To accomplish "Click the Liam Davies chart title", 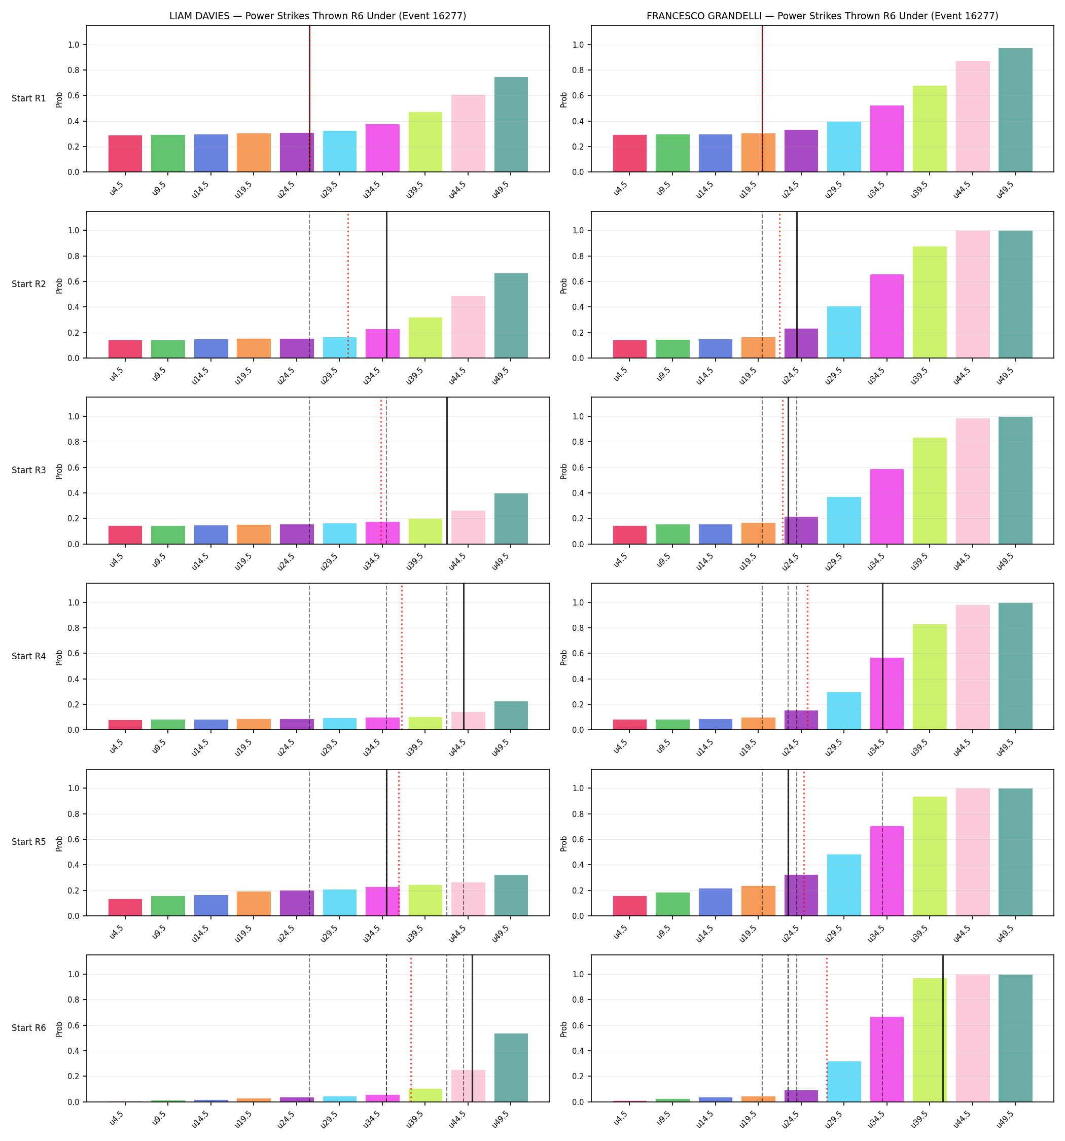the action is pyautogui.click(x=317, y=16).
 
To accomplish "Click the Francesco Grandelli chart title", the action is pyautogui.click(x=822, y=16).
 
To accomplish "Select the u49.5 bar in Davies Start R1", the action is pyautogui.click(x=511, y=125).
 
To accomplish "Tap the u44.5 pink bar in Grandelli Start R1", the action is pyautogui.click(x=973, y=117).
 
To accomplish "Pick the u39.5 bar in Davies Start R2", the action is pyautogui.click(x=425, y=337).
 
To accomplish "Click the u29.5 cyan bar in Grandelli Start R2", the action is pyautogui.click(x=844, y=332).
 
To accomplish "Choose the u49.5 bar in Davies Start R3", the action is pyautogui.click(x=511, y=519).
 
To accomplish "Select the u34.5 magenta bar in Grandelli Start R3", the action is pyautogui.click(x=886, y=507).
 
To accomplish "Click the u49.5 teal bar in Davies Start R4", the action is pyautogui.click(x=511, y=716).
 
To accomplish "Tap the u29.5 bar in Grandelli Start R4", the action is pyautogui.click(x=844, y=711).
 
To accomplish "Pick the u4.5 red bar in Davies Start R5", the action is pyautogui.click(x=125, y=907).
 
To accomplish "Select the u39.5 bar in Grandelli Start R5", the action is pyautogui.click(x=930, y=857).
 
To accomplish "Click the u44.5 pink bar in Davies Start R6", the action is pyautogui.click(x=469, y=1086).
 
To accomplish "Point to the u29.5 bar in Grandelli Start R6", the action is pyautogui.click(x=844, y=1082).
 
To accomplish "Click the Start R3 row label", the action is pyautogui.click(x=29, y=470).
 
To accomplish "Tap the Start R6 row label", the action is pyautogui.click(x=29, y=1028).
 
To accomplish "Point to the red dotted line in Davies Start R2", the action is pyautogui.click(x=348, y=284).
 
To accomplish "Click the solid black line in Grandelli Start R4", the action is pyautogui.click(x=882, y=657).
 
